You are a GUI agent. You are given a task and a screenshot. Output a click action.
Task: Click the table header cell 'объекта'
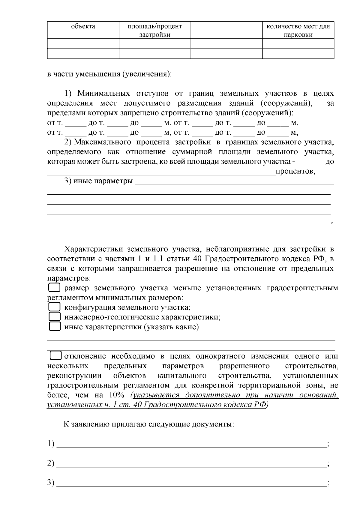click(x=83, y=26)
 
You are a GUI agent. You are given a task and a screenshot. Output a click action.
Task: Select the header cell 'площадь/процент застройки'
click(x=155, y=30)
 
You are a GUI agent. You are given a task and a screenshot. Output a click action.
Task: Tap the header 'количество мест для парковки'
click(x=298, y=30)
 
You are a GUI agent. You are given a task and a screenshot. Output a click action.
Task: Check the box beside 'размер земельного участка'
click(x=54, y=288)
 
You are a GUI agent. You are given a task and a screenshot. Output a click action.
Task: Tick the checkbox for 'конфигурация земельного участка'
click(x=54, y=307)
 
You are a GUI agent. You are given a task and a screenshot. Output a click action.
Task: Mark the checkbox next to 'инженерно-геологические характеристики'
click(x=54, y=317)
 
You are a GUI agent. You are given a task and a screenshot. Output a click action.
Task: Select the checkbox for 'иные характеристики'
click(x=54, y=327)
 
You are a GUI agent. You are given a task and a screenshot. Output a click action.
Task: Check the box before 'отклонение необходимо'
click(x=55, y=356)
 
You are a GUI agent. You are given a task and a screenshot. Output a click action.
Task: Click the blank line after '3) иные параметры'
click(x=234, y=183)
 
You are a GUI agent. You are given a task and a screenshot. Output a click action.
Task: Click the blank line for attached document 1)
click(x=192, y=445)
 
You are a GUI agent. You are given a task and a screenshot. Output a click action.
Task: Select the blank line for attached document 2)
click(x=192, y=465)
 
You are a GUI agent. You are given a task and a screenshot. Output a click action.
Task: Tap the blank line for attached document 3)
click(x=192, y=484)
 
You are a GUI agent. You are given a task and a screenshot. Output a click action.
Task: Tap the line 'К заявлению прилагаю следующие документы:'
click(x=148, y=424)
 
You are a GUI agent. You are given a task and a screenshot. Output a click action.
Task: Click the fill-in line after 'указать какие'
click(x=266, y=329)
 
